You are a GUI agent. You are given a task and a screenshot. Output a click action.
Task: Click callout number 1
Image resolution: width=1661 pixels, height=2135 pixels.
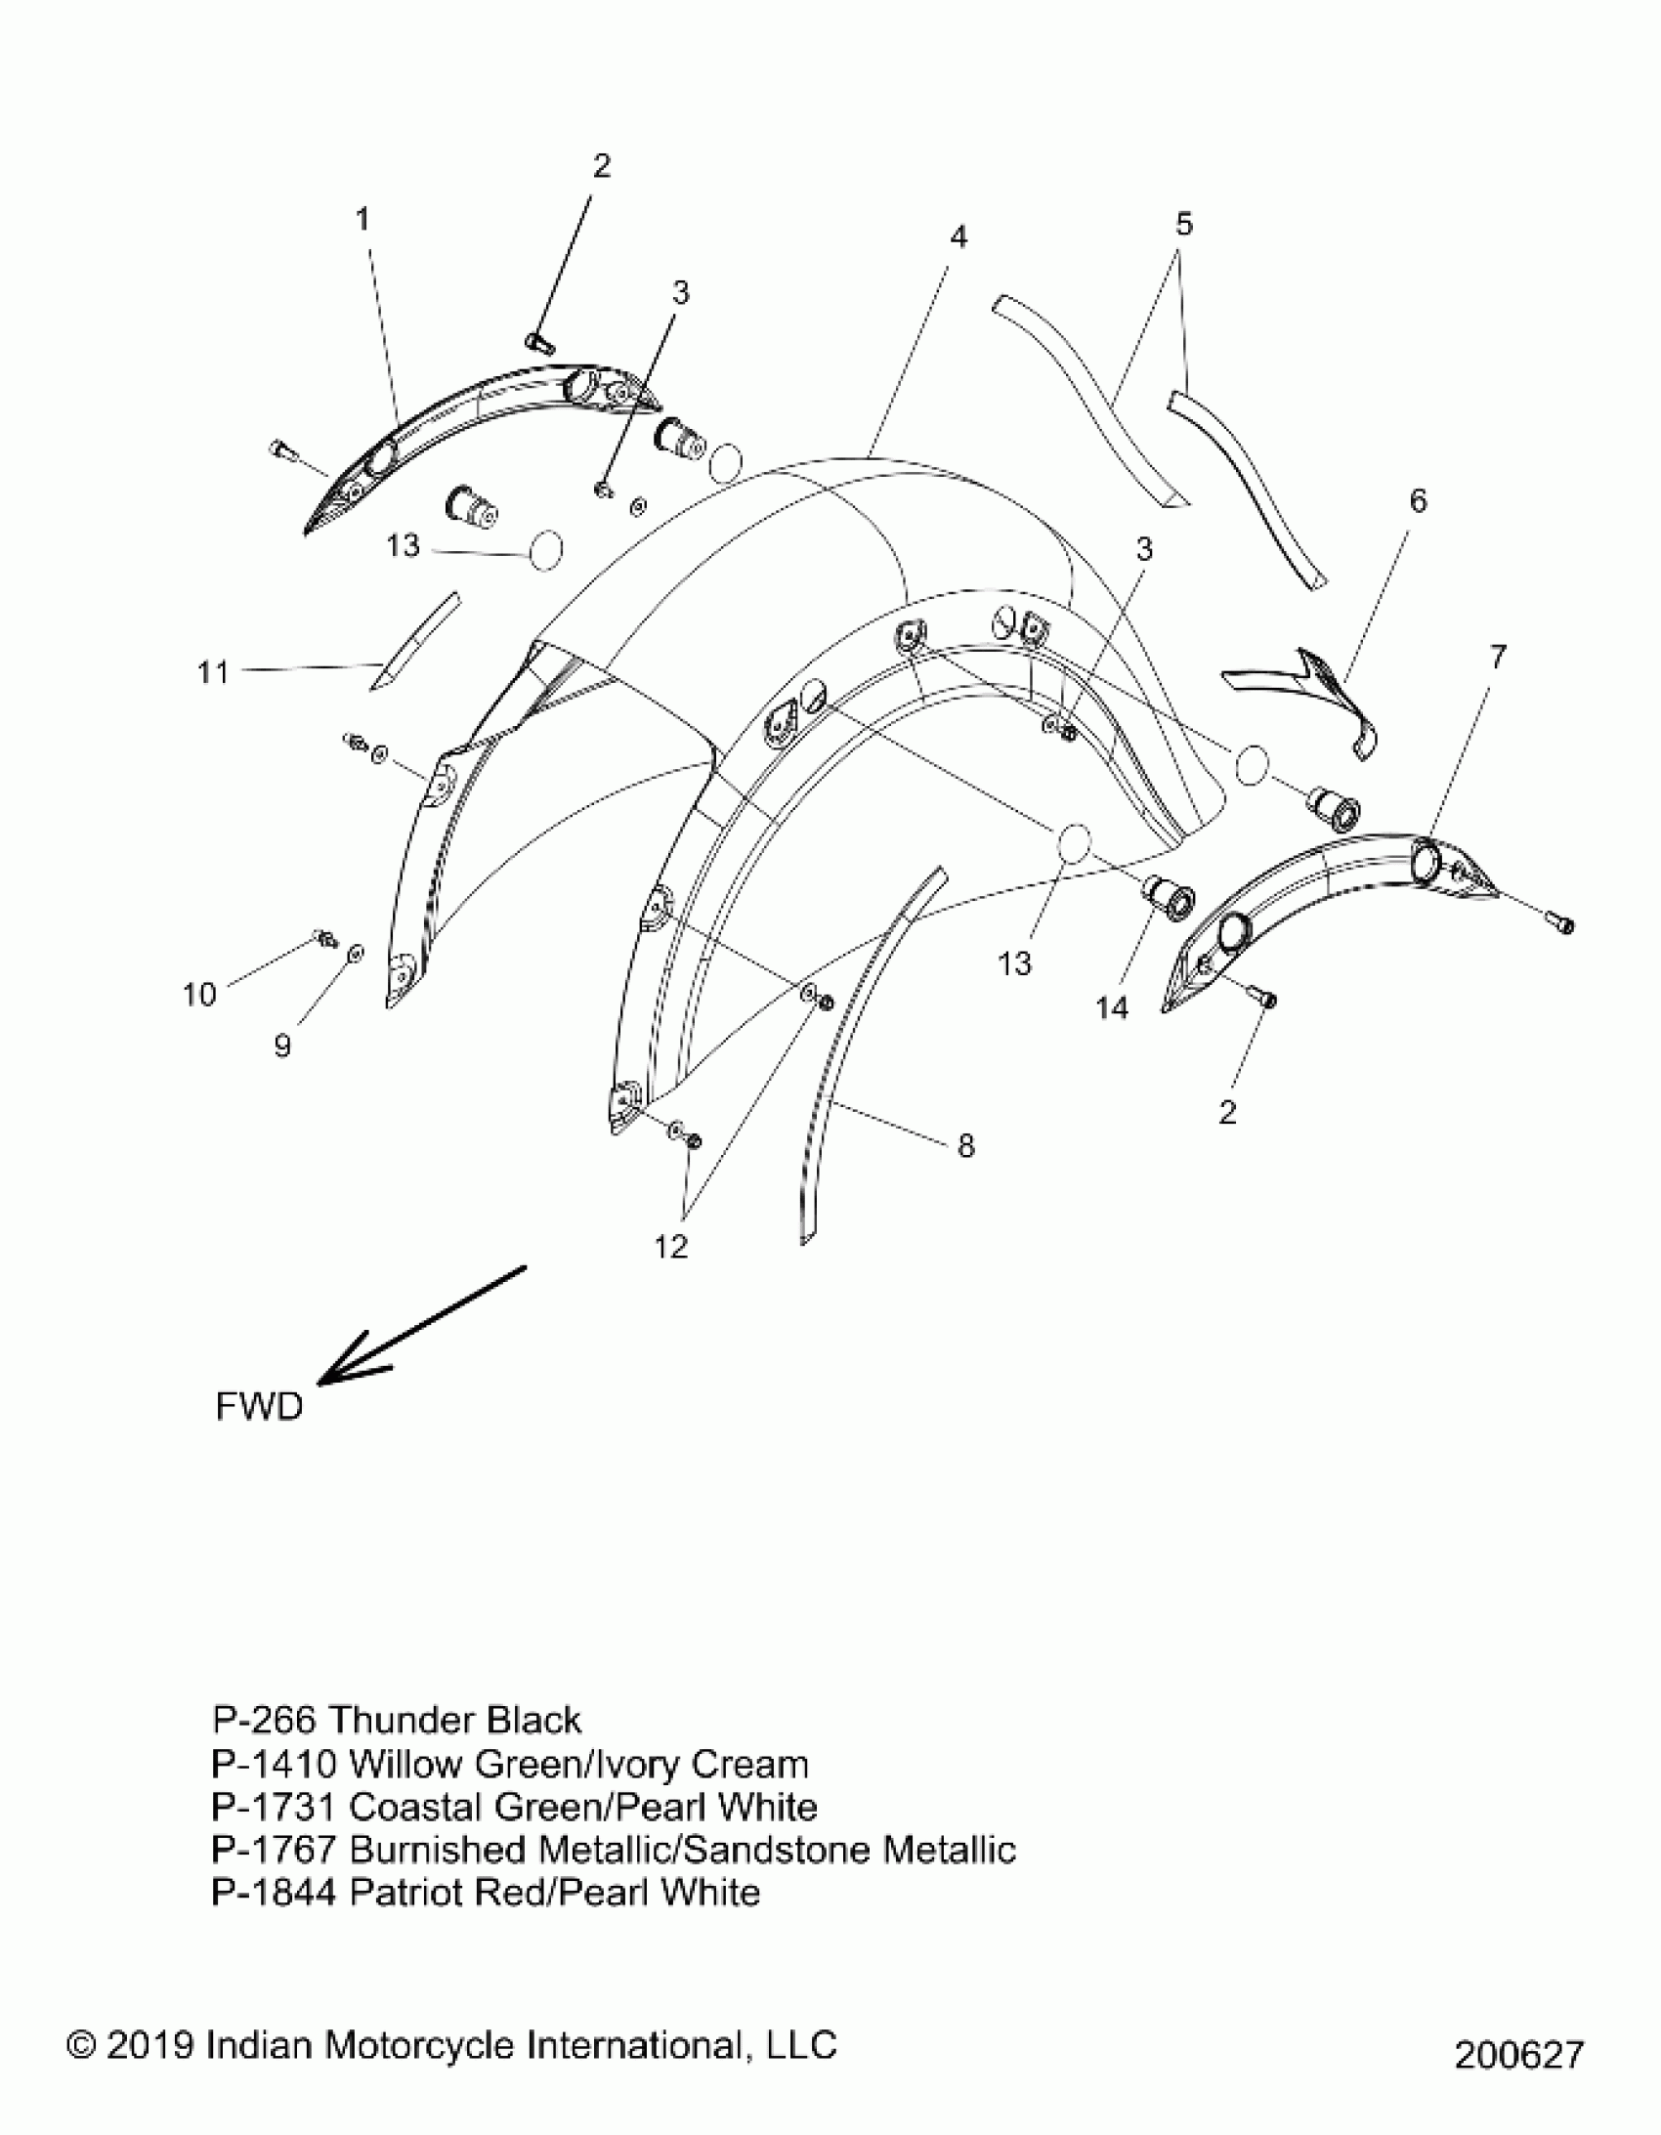[362, 220]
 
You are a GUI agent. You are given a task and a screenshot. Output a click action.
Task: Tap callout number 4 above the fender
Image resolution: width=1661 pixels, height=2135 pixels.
[958, 237]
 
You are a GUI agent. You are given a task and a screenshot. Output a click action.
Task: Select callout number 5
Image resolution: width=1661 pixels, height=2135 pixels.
[1184, 225]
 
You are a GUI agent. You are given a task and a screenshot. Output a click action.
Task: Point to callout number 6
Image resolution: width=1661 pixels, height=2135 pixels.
[1418, 501]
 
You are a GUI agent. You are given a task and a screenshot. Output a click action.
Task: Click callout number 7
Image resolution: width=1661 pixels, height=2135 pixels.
[1498, 657]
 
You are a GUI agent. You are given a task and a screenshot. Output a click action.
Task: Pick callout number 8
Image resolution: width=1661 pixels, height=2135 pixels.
[966, 1146]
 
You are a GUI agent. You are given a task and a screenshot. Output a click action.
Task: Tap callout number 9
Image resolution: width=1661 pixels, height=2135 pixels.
[282, 1046]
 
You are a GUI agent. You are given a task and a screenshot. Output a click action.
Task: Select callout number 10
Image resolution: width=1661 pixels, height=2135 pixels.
[198, 995]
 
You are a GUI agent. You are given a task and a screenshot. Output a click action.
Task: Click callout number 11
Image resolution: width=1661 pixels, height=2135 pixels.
[213, 672]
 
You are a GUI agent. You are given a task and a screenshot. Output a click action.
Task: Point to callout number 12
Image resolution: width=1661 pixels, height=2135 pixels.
[671, 1248]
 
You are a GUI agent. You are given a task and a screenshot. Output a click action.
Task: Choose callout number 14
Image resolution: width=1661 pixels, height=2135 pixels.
[1113, 1007]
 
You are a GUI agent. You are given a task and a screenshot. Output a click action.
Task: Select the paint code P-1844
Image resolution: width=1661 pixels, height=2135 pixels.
[273, 1893]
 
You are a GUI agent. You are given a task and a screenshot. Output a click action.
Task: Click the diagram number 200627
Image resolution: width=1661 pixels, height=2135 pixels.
[1517, 2055]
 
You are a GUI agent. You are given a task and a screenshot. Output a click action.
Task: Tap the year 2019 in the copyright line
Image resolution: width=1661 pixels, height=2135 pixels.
[151, 2044]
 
